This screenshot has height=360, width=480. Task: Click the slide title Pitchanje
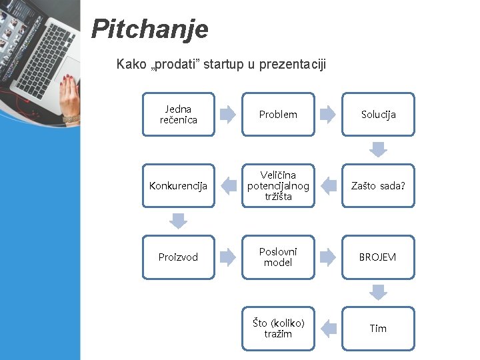coord(149,29)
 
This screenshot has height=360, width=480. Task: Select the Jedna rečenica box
coord(178,115)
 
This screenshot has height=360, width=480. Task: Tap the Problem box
coord(278,115)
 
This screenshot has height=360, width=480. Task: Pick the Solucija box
coord(378,115)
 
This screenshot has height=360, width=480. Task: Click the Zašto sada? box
coord(378,186)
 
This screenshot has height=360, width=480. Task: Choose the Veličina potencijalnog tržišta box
coord(278,186)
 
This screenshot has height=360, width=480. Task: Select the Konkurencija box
coord(178,186)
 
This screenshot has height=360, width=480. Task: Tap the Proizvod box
coord(178,257)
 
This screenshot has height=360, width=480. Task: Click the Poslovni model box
coord(278,257)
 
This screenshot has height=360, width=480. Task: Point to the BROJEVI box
coord(378,257)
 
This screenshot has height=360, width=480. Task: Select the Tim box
coord(378,329)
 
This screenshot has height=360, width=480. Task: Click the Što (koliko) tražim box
coord(278,329)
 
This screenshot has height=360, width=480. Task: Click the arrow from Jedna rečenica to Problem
coord(228,115)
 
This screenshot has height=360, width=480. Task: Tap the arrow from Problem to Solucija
coord(328,115)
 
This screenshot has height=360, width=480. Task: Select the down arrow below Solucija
coord(378,149)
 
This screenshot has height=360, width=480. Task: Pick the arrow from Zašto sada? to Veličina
coord(328,186)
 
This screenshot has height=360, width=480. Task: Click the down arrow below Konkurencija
coord(178,221)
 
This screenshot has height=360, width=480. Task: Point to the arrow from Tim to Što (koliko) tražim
coord(328,329)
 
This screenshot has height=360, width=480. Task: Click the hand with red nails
coord(69,100)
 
